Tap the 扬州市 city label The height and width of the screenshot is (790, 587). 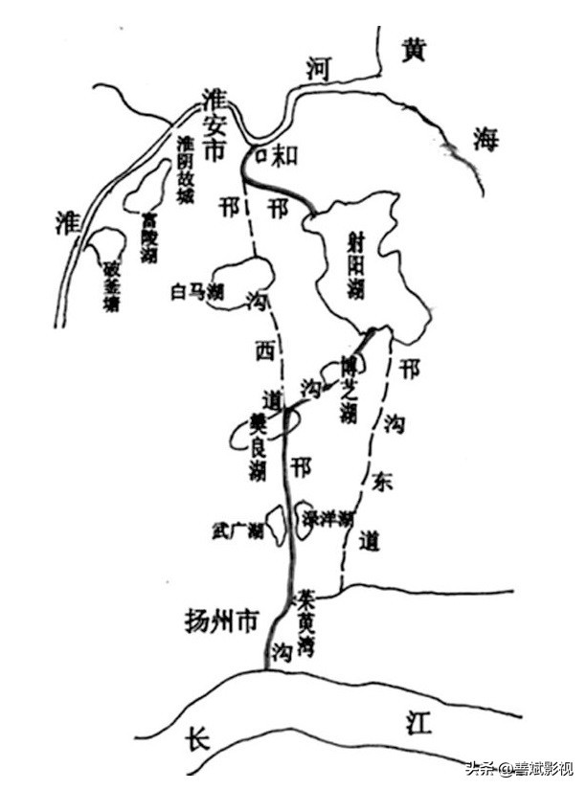coord(221,621)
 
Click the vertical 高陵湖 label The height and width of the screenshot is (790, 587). coord(148,238)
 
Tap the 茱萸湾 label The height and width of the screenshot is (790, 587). coord(306,623)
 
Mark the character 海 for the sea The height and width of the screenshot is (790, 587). coord(486,140)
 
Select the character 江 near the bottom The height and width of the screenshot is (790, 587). coord(418,723)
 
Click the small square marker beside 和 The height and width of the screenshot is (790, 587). coord(259,155)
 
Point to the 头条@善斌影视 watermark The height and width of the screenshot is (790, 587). coord(519,769)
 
